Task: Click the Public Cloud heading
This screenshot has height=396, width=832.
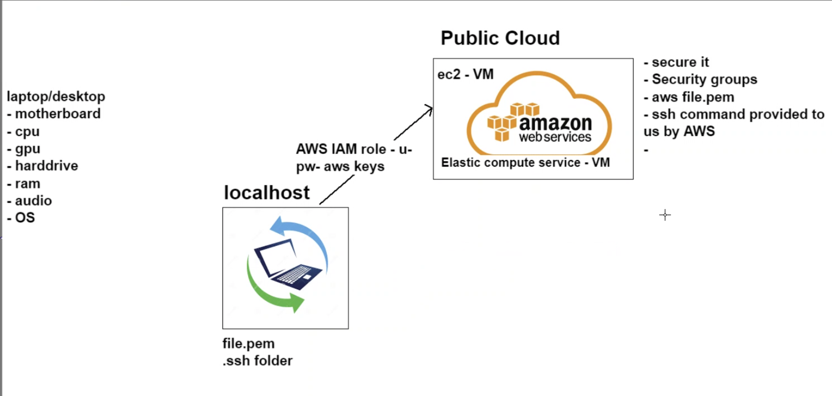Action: [x=500, y=38]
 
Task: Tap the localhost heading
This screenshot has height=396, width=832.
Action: [x=267, y=193]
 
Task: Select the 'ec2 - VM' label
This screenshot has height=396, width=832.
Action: [x=465, y=74]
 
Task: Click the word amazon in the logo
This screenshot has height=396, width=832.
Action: [x=555, y=123]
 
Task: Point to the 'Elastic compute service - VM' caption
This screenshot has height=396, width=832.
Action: [x=525, y=163]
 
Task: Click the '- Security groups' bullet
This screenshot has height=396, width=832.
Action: [x=700, y=80]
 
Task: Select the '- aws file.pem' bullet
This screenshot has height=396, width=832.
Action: [x=689, y=97]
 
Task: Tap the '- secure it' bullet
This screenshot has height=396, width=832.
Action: [x=676, y=62]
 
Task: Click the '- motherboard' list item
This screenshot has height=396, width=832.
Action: [x=54, y=114]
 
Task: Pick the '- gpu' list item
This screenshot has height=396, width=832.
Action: [x=24, y=149]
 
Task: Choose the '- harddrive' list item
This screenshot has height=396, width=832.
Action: [x=43, y=166]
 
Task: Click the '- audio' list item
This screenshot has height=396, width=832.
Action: [x=30, y=201]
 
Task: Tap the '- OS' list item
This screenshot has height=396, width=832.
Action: [x=21, y=218]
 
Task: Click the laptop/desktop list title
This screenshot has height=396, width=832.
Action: [x=56, y=96]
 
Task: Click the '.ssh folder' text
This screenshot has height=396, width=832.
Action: [x=257, y=361]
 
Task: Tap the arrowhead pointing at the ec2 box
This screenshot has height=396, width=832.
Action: [x=430, y=108]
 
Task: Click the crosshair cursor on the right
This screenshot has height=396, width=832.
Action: [x=665, y=215]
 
